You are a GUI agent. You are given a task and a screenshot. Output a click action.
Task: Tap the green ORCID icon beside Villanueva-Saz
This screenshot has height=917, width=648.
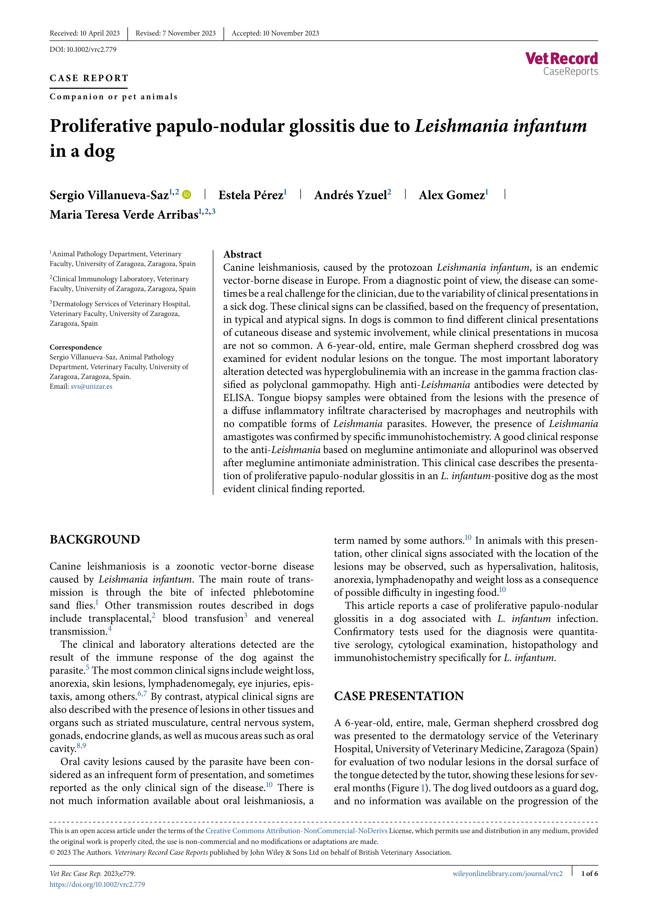[x=186, y=195]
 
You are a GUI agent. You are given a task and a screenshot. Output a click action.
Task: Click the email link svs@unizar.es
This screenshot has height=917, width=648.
[x=91, y=386]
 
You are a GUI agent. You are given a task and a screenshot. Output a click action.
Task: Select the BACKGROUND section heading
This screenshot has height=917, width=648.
[x=95, y=540]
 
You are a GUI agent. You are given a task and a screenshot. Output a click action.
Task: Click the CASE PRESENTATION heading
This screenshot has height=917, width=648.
[x=399, y=696]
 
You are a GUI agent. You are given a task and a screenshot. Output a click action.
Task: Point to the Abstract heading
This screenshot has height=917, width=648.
[x=242, y=254]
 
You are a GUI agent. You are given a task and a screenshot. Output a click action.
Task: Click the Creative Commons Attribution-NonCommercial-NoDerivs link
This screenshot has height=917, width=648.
[x=296, y=831]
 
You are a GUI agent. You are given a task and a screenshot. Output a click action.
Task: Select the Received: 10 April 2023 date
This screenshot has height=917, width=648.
[x=85, y=33]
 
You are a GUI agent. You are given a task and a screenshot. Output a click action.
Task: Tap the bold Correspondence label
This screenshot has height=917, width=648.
[x=76, y=347]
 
